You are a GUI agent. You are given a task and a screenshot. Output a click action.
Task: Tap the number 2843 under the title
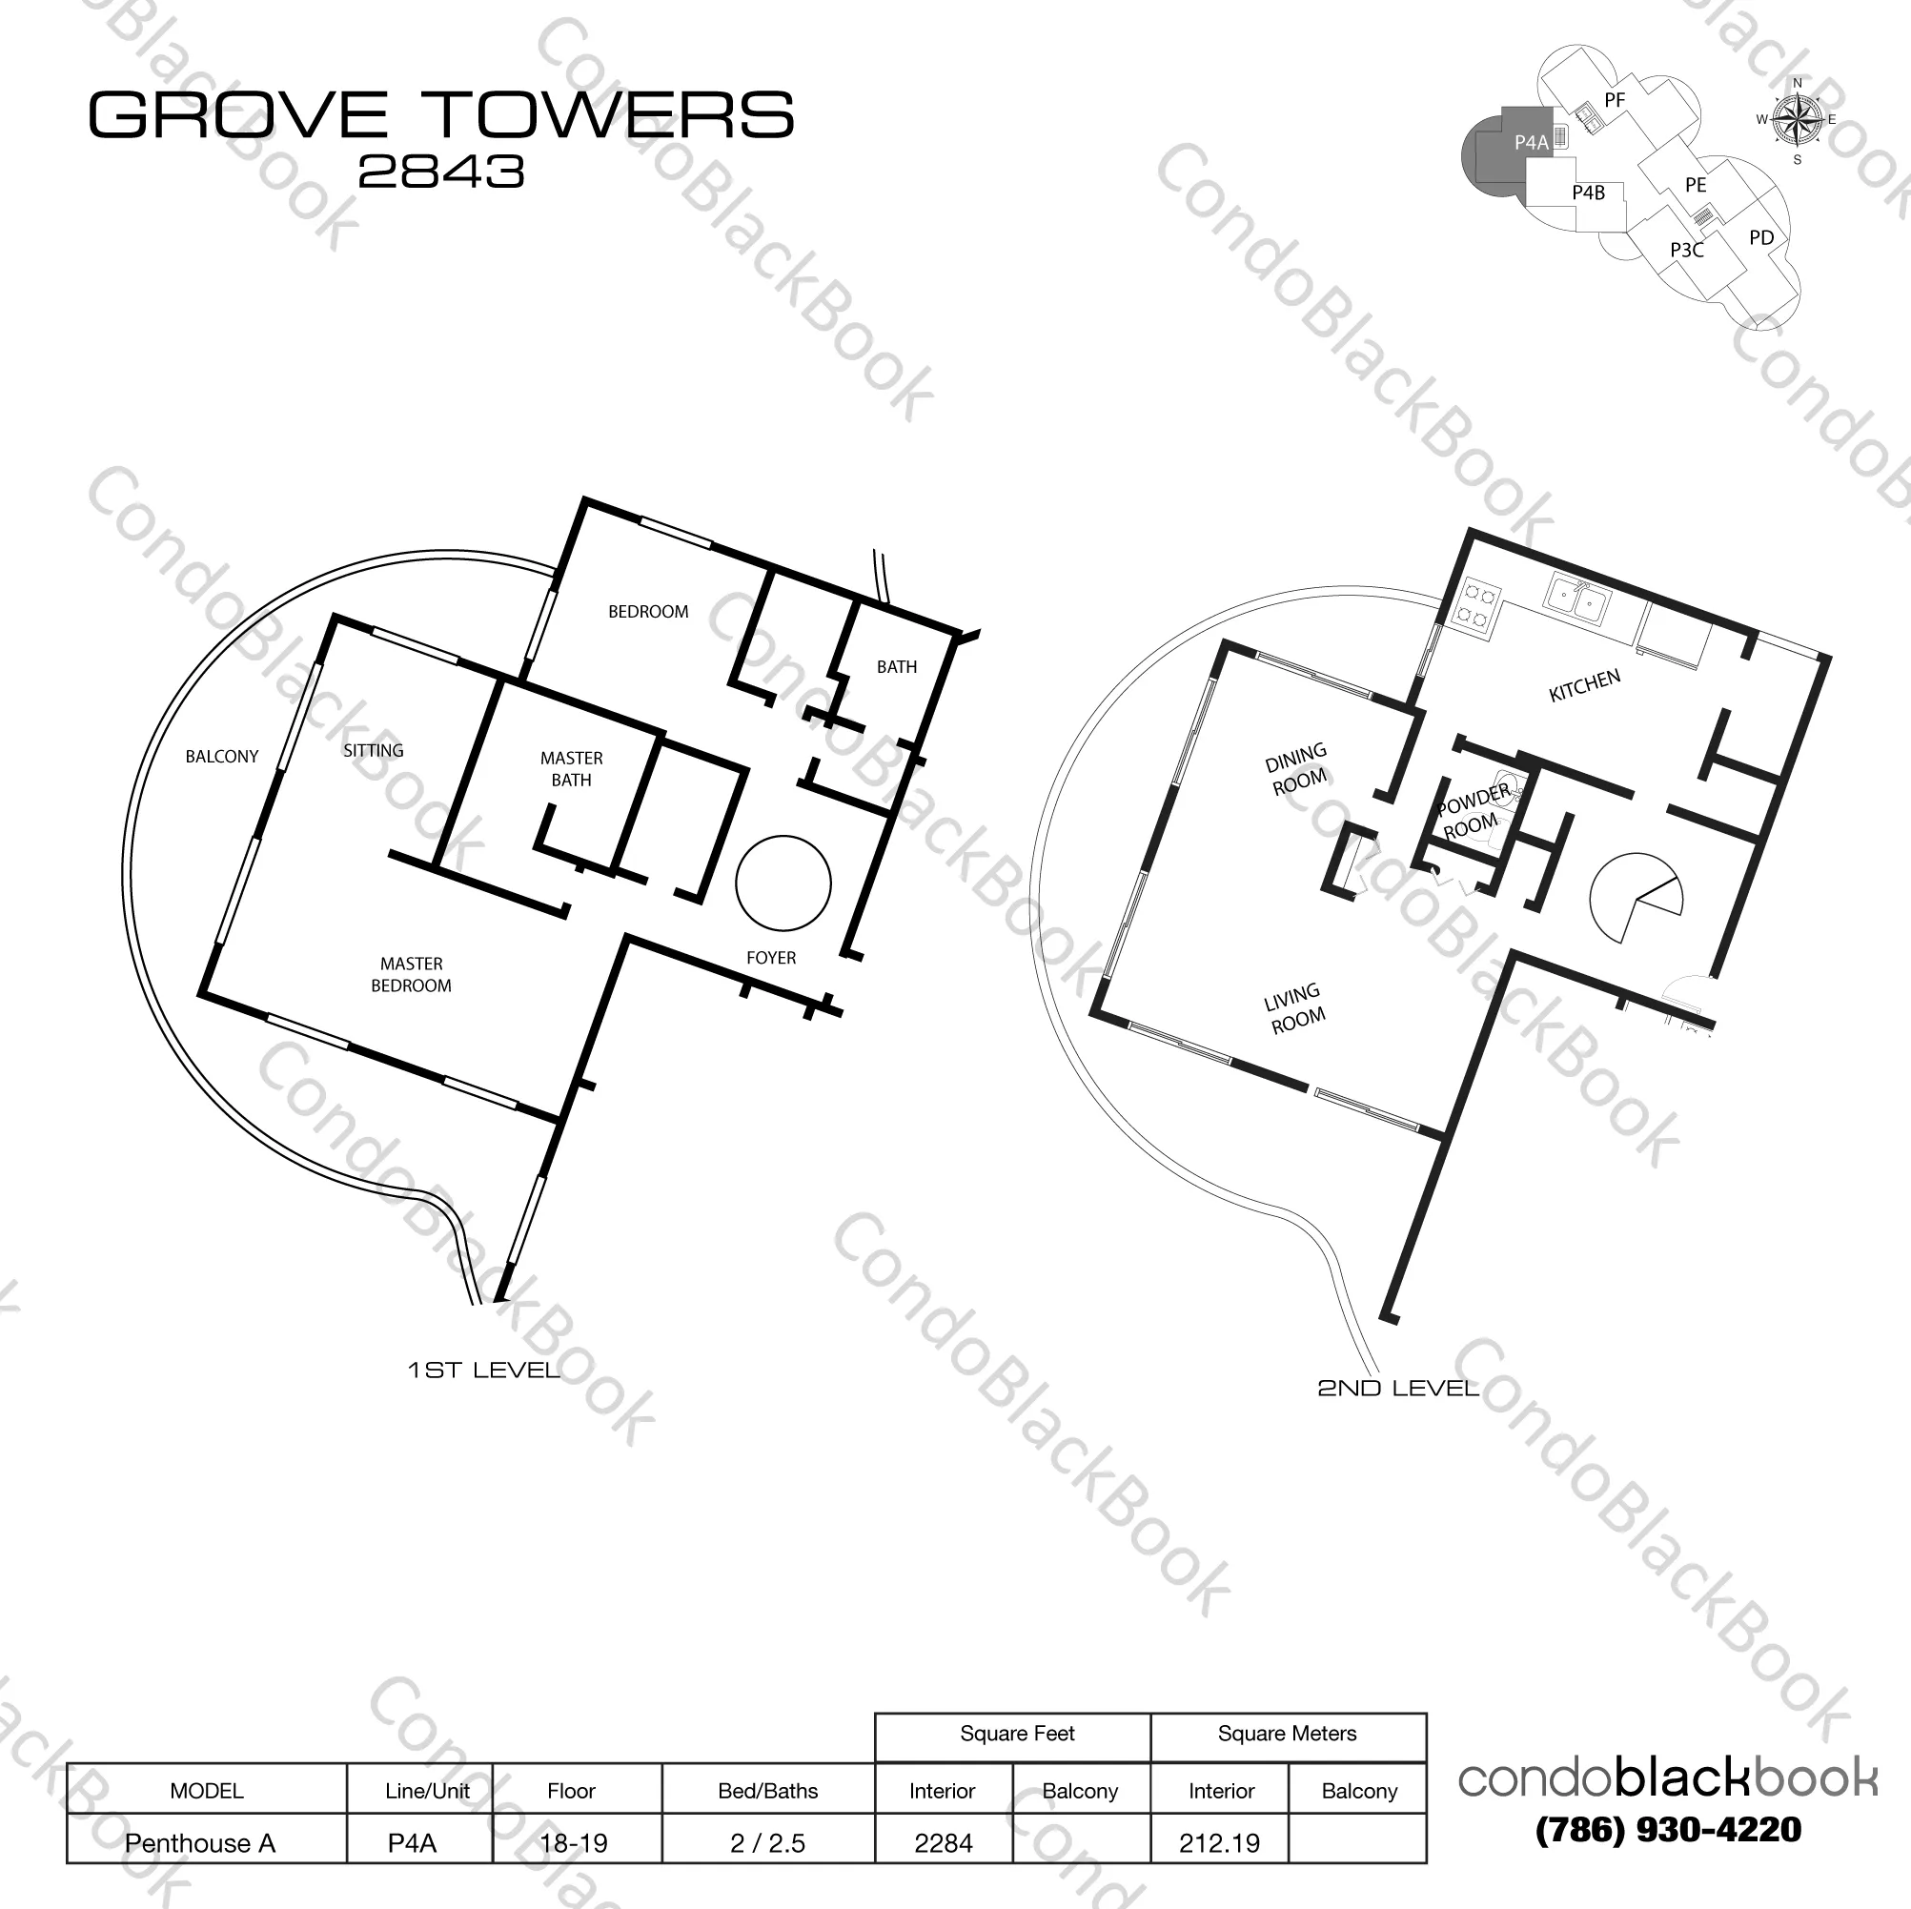pyautogui.click(x=441, y=173)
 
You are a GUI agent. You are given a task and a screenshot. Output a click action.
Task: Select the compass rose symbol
pyautogui.click(x=1798, y=120)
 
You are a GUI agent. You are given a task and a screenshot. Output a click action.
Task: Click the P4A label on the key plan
pyautogui.click(x=1531, y=142)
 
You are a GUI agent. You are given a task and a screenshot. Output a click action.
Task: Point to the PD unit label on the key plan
pyautogui.click(x=1761, y=237)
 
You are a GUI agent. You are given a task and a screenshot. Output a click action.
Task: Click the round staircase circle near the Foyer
pyautogui.click(x=783, y=883)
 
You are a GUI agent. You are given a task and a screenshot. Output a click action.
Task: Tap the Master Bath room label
pyautogui.click(x=572, y=768)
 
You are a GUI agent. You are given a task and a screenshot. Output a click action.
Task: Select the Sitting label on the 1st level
pyautogui.click(x=374, y=750)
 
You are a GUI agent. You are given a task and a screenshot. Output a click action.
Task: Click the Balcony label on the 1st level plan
pyautogui.click(x=221, y=756)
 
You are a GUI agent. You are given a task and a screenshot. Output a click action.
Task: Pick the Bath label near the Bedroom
pyautogui.click(x=897, y=666)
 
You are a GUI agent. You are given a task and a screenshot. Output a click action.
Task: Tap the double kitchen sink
pyautogui.click(x=1577, y=602)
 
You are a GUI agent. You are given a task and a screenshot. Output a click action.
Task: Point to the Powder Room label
pyautogui.click(x=1473, y=811)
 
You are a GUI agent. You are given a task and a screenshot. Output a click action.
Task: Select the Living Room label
pyautogui.click(x=1294, y=1008)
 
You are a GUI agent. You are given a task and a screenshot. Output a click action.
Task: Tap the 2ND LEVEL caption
pyautogui.click(x=1397, y=1388)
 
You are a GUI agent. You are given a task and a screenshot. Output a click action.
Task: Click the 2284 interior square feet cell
pyautogui.click(x=944, y=1842)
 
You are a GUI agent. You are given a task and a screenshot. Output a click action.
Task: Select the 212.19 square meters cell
pyautogui.click(x=1220, y=1842)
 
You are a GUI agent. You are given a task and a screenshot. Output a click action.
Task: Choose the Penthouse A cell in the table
pyautogui.click(x=200, y=1842)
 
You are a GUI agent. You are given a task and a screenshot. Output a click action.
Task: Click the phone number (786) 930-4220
pyautogui.click(x=1668, y=1830)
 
